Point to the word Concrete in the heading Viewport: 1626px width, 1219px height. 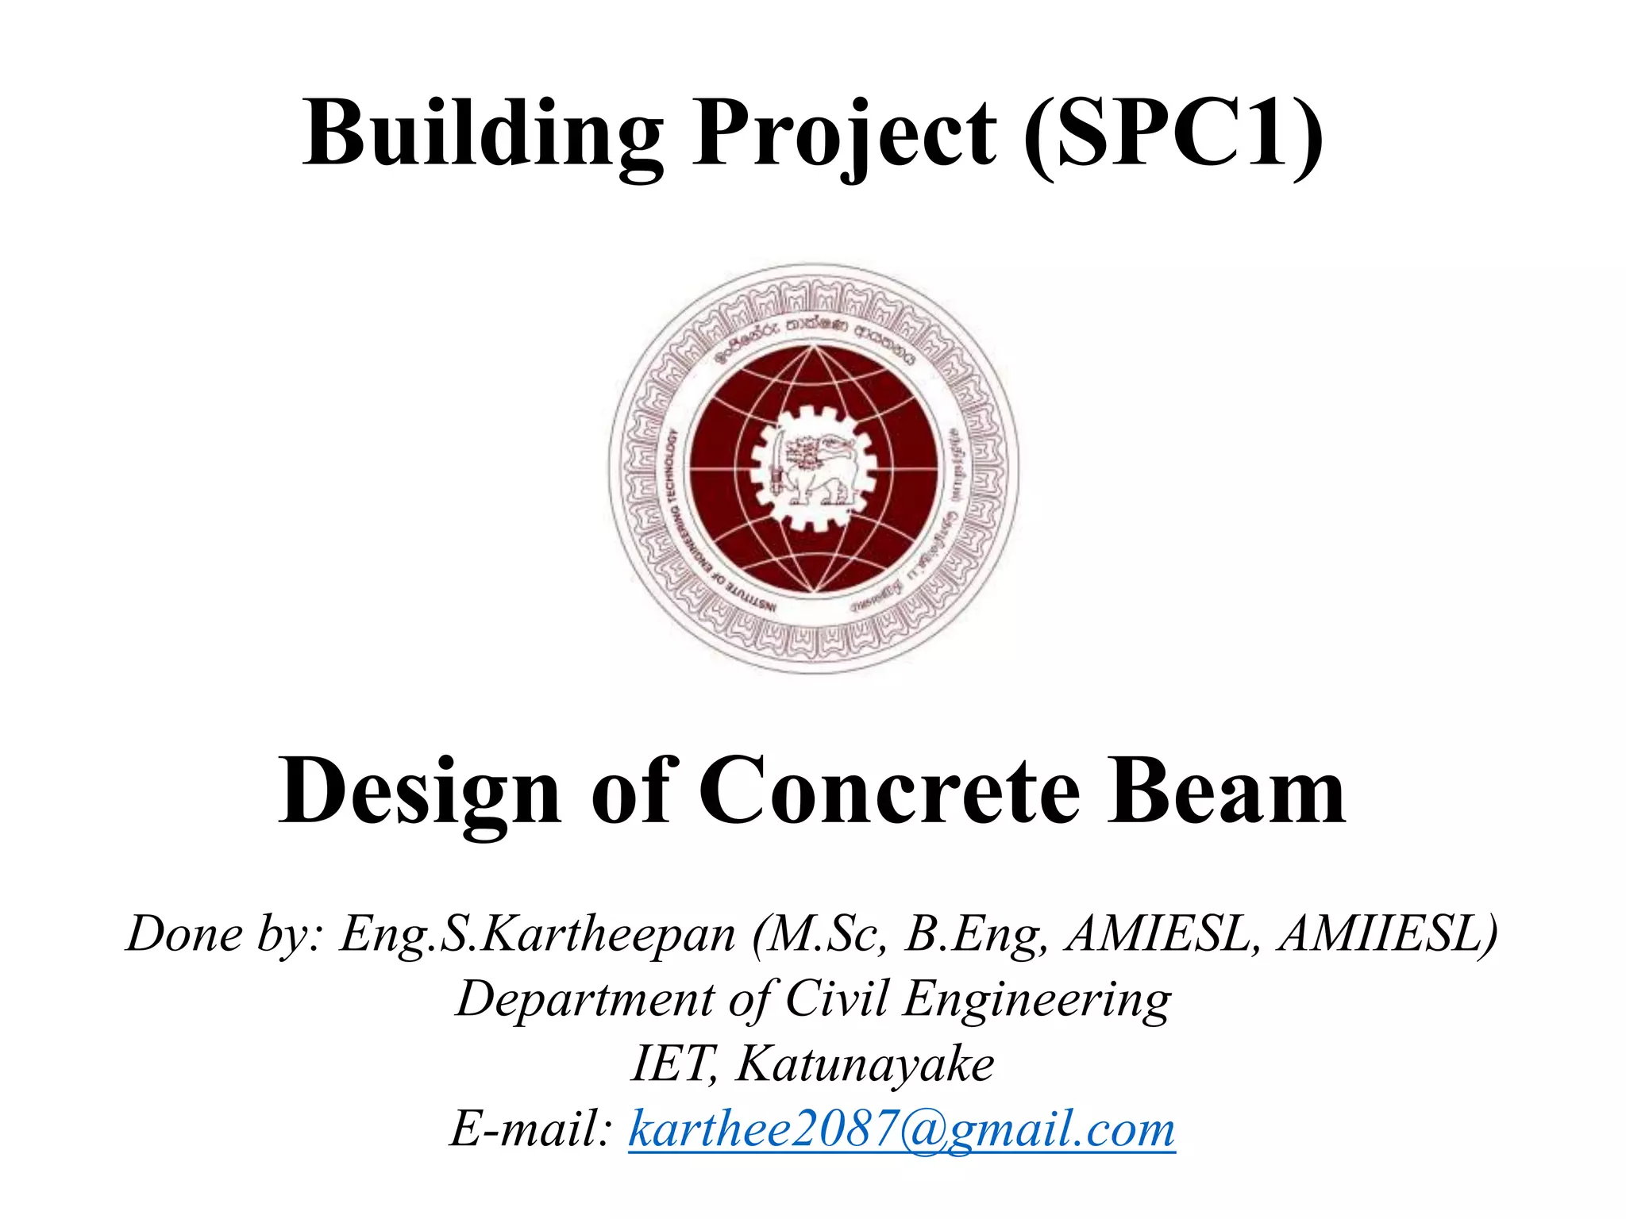click(x=889, y=791)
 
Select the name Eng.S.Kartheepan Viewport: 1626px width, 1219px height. click(x=538, y=933)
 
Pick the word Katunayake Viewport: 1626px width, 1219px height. click(x=865, y=1063)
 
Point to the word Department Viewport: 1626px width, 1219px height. click(x=585, y=998)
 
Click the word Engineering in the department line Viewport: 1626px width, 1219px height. click(x=1037, y=998)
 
